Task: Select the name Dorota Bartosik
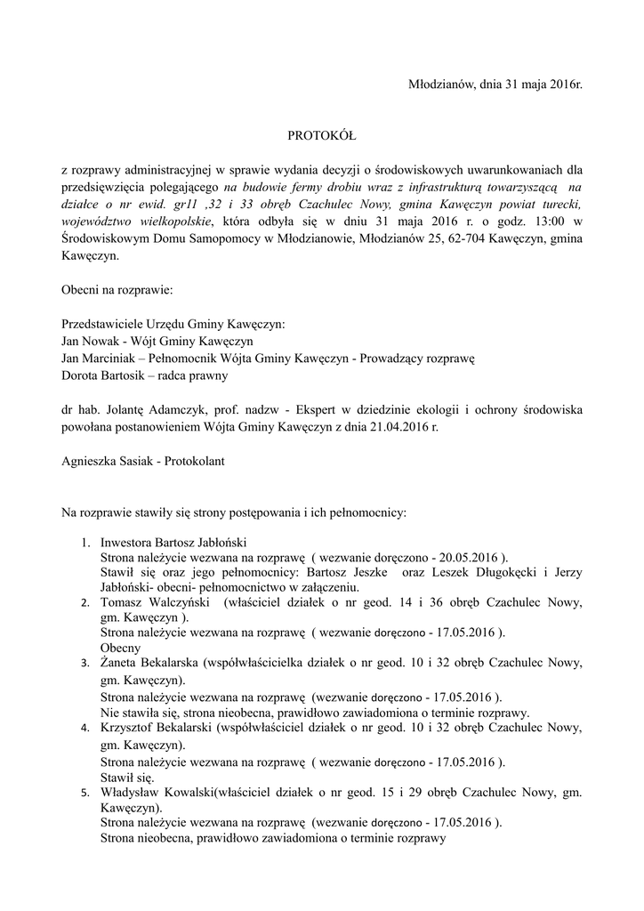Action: click(x=104, y=375)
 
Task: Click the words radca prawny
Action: click(x=197, y=375)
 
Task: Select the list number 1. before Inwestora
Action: click(x=85, y=541)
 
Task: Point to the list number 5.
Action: click(x=85, y=793)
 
